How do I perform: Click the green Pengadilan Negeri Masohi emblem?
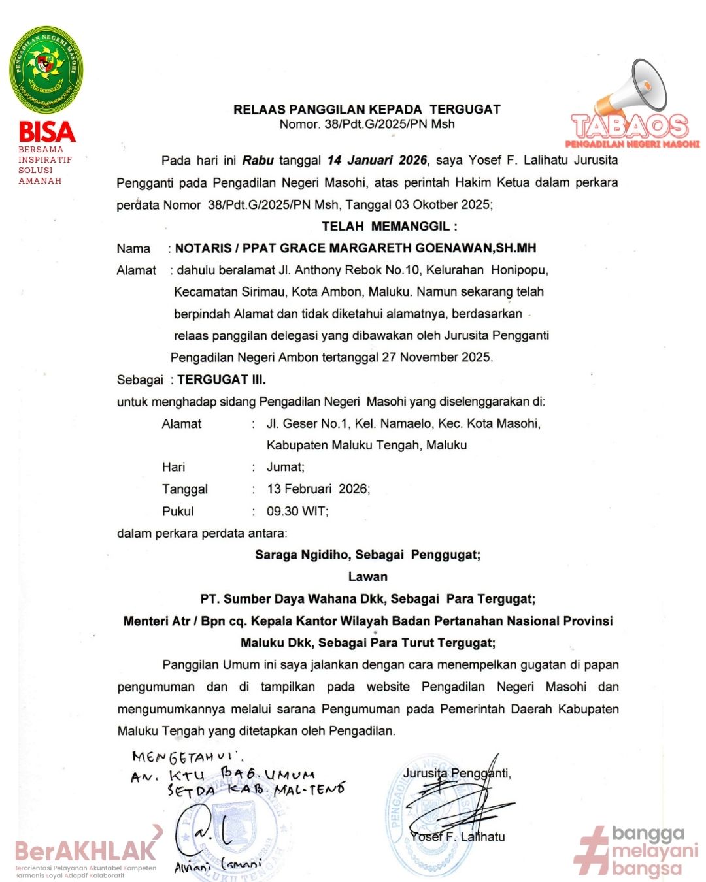point(46,69)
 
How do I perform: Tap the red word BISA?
point(47,132)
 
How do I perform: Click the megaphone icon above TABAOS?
point(633,88)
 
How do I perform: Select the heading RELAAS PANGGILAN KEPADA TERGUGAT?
point(367,109)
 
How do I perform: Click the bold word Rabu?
point(258,160)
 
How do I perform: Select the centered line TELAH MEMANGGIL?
point(390,226)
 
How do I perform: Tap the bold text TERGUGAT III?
point(222,380)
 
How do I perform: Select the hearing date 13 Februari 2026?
point(318,489)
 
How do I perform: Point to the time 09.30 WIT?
point(297,512)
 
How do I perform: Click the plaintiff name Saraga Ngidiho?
point(302,555)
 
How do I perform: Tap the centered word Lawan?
point(367,577)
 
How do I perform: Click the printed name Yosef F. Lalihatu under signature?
point(458,837)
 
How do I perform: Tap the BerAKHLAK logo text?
point(86,851)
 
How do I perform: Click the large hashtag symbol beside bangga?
point(592,851)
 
